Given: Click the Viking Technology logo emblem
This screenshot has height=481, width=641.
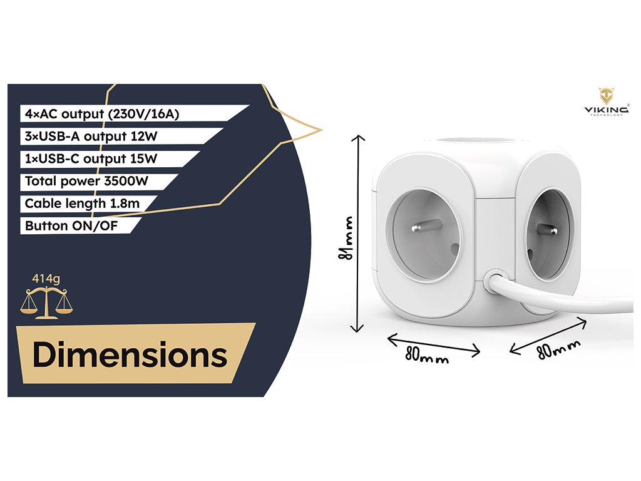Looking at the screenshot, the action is click(606, 96).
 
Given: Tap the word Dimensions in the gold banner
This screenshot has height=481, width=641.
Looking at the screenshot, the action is click(130, 355).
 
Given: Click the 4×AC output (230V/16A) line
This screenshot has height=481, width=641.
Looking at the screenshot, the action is click(104, 113).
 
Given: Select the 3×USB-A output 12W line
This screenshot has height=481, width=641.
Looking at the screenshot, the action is click(91, 136).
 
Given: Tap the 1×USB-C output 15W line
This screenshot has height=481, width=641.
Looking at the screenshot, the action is click(91, 158).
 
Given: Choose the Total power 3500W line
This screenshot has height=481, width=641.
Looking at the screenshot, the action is click(86, 182).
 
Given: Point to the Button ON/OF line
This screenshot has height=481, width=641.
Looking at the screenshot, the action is click(71, 225).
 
